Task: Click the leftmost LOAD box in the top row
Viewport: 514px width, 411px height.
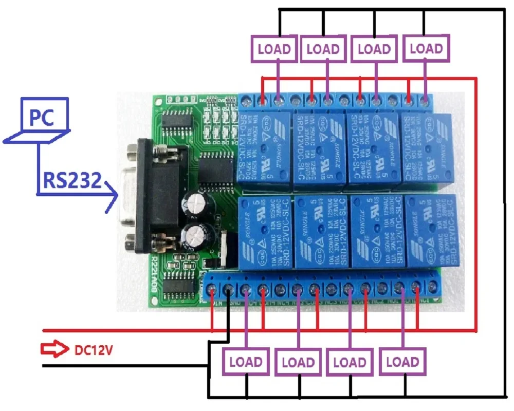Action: [x=274, y=49]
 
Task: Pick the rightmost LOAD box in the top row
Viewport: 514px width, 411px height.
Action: [x=427, y=49]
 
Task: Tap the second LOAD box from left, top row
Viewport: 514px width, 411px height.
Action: [x=323, y=49]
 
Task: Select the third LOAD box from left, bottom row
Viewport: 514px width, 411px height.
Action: [x=350, y=362]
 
